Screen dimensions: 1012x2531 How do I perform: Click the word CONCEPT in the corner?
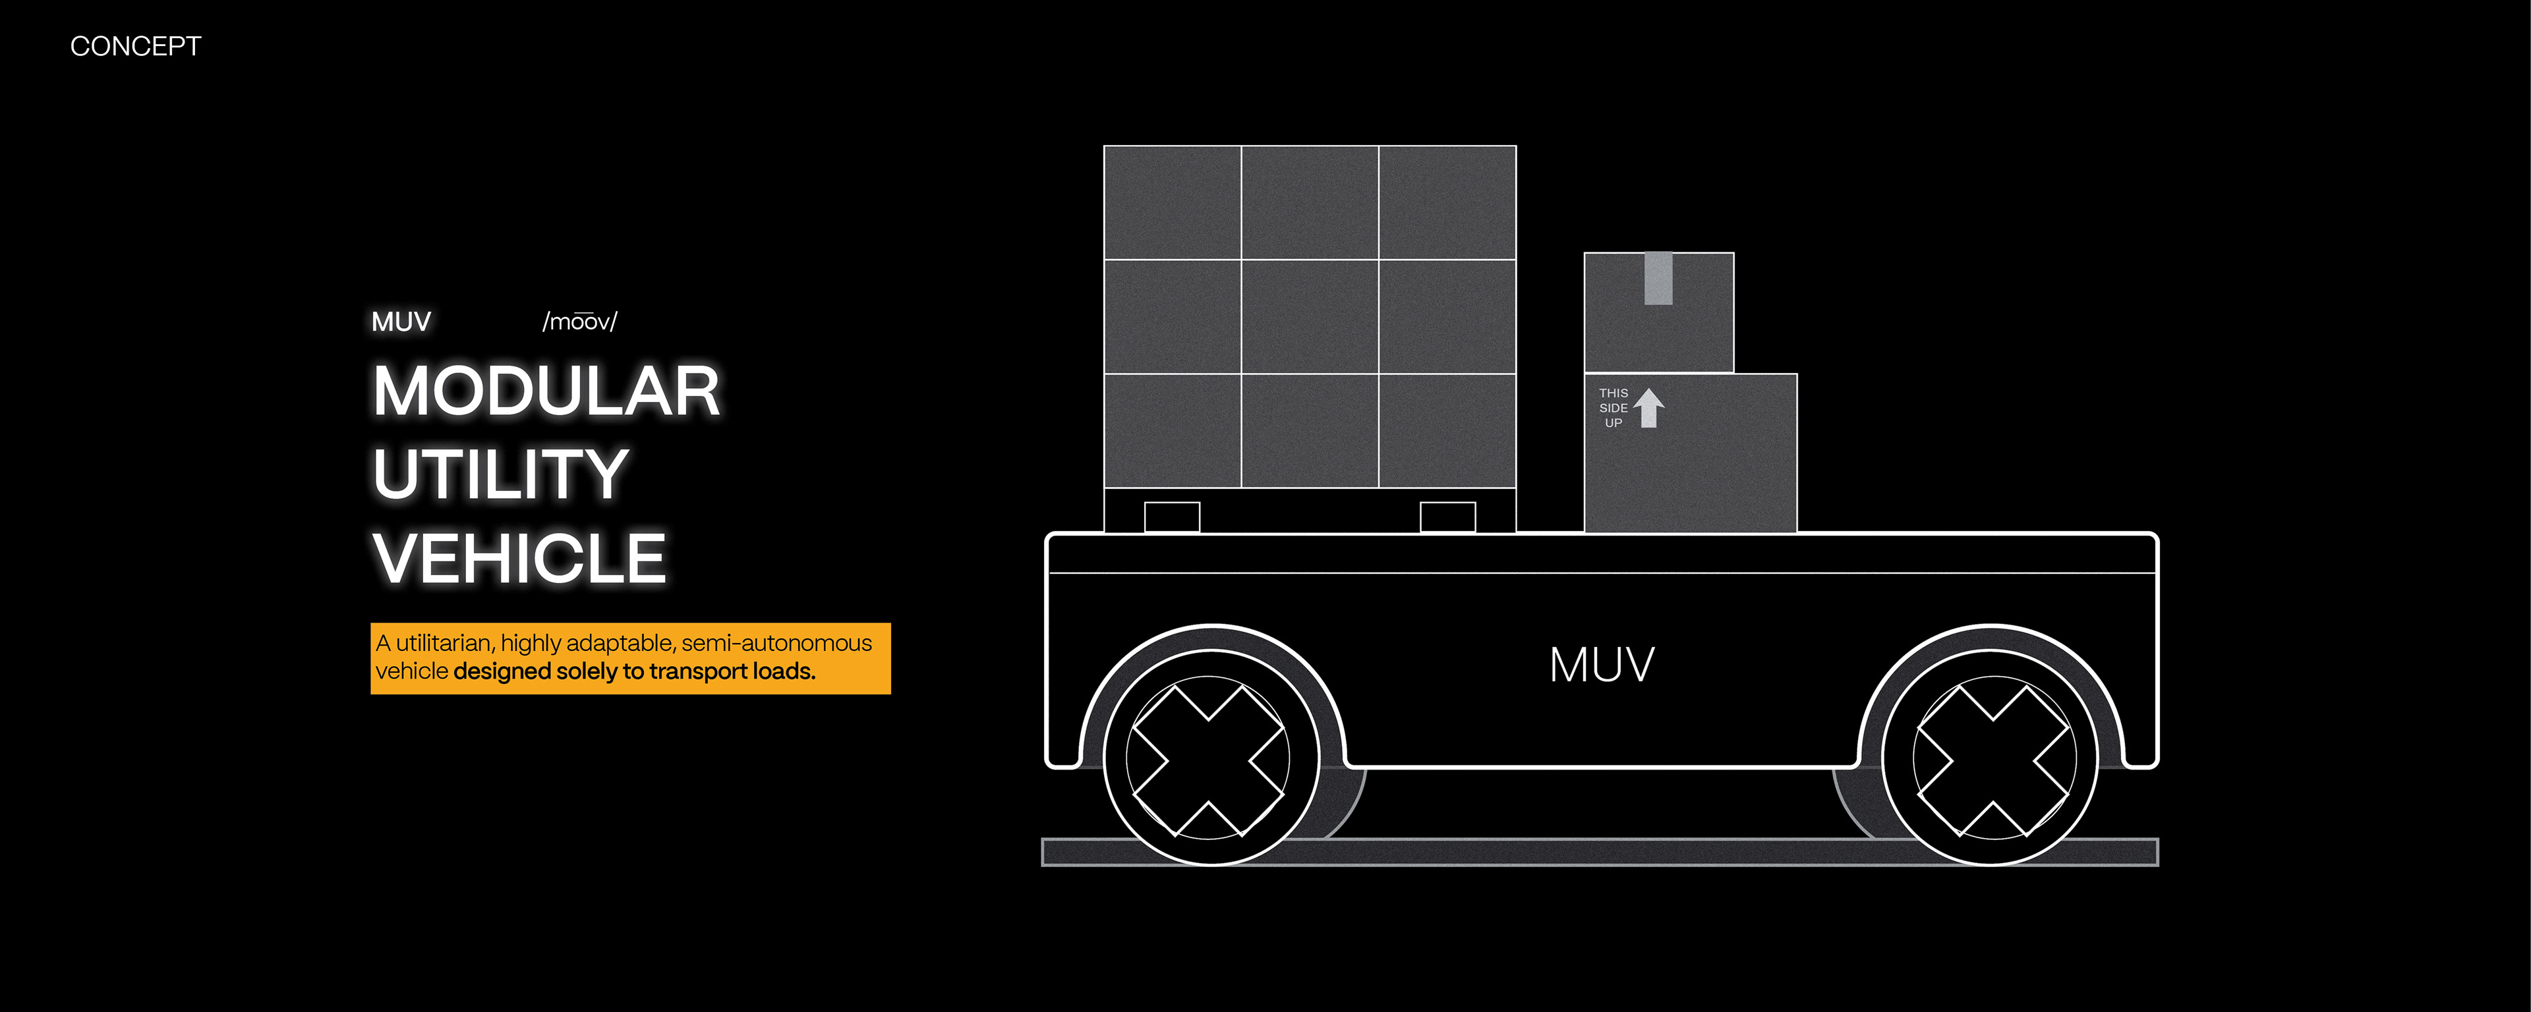pos(136,46)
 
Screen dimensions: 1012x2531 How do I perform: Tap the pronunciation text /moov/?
pos(580,322)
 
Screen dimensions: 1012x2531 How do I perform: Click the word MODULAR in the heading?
pos(546,391)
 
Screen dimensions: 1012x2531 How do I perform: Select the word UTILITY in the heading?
pos(500,474)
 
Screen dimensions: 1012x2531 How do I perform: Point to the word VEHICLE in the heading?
pos(519,558)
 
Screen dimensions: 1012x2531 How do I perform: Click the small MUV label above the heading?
pos(401,322)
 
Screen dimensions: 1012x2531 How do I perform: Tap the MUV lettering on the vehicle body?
pos(1602,665)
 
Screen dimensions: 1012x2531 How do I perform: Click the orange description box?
pos(630,658)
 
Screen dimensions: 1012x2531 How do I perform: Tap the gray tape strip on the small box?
pos(1658,278)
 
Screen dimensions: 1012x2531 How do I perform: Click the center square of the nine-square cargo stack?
pos(1310,316)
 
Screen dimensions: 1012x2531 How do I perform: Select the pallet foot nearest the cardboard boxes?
pos(1447,517)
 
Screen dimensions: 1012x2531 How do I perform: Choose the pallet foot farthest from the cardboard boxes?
pos(1172,517)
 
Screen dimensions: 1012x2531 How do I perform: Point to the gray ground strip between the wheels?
pos(1600,852)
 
